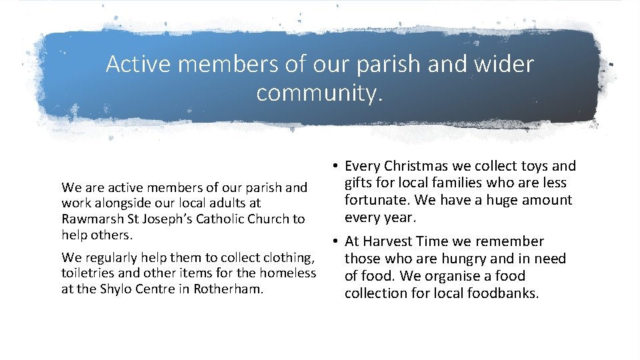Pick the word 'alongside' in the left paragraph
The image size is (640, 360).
point(123,203)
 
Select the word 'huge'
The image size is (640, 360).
point(487,200)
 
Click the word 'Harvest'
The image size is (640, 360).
point(392,241)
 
